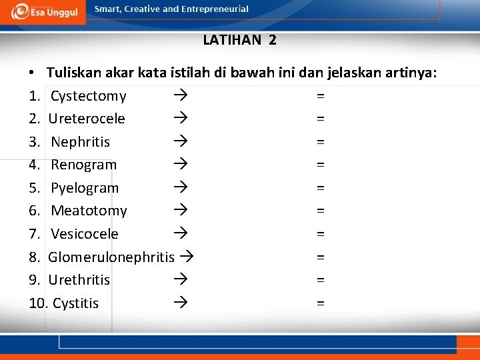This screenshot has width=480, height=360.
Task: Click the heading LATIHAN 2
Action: pyautogui.click(x=239, y=40)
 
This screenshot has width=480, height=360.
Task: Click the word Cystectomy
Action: pyautogui.click(x=88, y=96)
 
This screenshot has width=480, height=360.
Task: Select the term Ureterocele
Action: pyautogui.click(x=87, y=119)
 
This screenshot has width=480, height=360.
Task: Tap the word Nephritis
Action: pyautogui.click(x=80, y=142)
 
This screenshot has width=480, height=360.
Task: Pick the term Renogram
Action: pyautogui.click(x=83, y=165)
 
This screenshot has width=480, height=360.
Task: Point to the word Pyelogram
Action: pyautogui.click(x=85, y=188)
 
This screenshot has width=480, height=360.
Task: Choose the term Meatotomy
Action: pyautogui.click(x=89, y=211)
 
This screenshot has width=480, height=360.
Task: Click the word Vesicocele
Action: pyautogui.click(x=85, y=234)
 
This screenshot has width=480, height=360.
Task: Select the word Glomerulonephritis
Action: pyautogui.click(x=111, y=257)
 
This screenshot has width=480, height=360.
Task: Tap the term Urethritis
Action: pyautogui.click(x=79, y=280)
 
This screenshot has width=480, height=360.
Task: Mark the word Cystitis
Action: pyautogui.click(x=75, y=303)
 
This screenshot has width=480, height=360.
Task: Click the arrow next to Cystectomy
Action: pyautogui.click(x=179, y=96)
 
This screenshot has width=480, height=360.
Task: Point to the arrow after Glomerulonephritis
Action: pyautogui.click(x=187, y=257)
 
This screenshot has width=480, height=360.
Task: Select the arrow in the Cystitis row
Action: pyautogui.click(x=179, y=303)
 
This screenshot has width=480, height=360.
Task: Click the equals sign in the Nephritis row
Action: pyautogui.click(x=321, y=142)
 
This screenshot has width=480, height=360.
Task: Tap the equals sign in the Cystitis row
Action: pyautogui.click(x=321, y=303)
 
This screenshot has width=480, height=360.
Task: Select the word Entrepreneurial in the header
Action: pyautogui.click(x=215, y=9)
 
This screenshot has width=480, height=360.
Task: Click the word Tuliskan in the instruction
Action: pyautogui.click(x=74, y=73)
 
